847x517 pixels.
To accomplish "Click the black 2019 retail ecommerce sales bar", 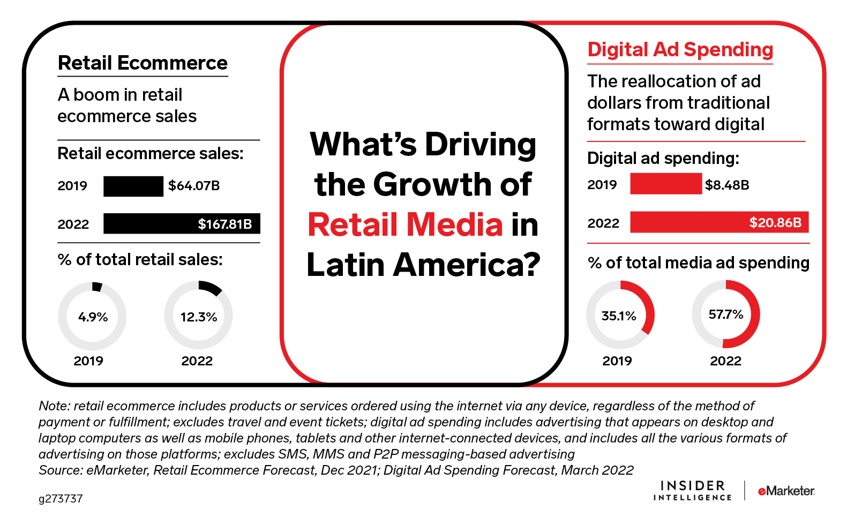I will [133, 186].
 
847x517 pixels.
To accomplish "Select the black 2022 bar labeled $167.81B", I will [182, 224].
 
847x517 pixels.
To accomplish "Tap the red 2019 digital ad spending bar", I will [666, 184].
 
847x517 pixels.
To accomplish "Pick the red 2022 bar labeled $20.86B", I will [719, 222].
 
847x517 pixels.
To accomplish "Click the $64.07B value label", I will [194, 186].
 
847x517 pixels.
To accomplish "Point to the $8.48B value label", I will [727, 185].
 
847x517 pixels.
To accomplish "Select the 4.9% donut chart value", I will [93, 317].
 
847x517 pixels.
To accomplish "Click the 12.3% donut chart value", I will [199, 317].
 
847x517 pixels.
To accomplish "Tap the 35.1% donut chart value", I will [619, 316].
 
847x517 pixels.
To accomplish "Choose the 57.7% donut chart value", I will [726, 314].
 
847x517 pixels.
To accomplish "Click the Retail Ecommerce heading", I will [143, 63].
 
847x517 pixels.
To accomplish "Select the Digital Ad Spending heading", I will [680, 50].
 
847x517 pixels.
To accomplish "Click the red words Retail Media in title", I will [405, 224].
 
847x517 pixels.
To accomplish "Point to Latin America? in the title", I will [423, 265].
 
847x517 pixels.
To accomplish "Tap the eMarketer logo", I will [786, 491].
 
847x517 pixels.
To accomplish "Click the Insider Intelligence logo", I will [692, 491].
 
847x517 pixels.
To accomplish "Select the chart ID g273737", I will [61, 499].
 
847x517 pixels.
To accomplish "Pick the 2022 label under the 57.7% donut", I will [725, 361].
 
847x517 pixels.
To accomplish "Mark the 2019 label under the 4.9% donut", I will [88, 361].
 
